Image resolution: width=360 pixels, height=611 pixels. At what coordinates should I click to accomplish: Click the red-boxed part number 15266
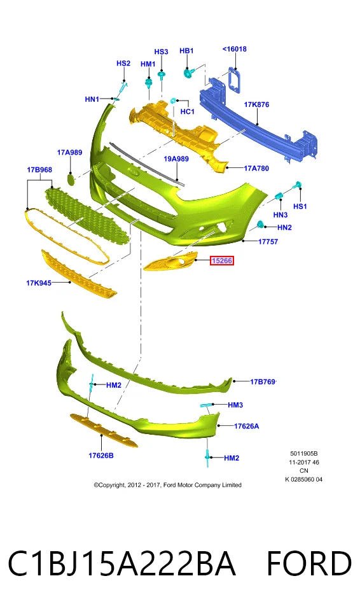(x=222, y=260)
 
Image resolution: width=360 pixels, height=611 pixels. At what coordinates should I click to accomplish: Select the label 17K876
(x=256, y=104)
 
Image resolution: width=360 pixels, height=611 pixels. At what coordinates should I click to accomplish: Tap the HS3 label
(x=161, y=52)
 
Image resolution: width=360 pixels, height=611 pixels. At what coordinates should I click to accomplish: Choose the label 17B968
(x=39, y=169)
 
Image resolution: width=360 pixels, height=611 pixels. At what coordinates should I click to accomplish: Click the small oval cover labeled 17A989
(x=71, y=179)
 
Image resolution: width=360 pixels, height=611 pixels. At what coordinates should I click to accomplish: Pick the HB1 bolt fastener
(x=188, y=73)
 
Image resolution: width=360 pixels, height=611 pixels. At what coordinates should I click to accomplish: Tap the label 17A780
(x=256, y=168)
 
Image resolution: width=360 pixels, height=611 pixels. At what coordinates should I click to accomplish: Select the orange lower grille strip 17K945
(x=79, y=274)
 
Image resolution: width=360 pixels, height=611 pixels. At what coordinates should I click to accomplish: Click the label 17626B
(x=101, y=455)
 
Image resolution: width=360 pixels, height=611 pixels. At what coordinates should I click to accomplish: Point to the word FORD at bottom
(x=308, y=563)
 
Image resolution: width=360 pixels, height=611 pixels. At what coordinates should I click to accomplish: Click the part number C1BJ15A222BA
(x=122, y=563)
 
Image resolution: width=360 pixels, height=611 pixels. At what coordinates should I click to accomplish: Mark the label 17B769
(x=263, y=381)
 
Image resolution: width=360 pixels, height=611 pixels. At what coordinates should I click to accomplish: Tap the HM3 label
(x=235, y=405)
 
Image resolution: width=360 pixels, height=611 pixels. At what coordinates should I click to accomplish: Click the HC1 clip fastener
(x=174, y=101)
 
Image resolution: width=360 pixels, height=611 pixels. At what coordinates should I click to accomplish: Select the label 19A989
(x=176, y=158)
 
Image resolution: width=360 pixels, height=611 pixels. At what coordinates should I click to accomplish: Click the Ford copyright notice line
(x=167, y=485)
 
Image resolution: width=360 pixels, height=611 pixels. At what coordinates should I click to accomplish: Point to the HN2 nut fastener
(x=261, y=225)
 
